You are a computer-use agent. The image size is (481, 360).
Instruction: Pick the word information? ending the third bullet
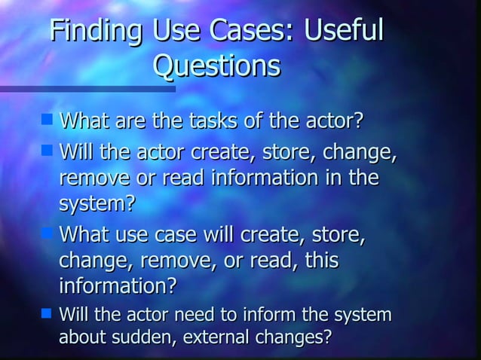118,286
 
